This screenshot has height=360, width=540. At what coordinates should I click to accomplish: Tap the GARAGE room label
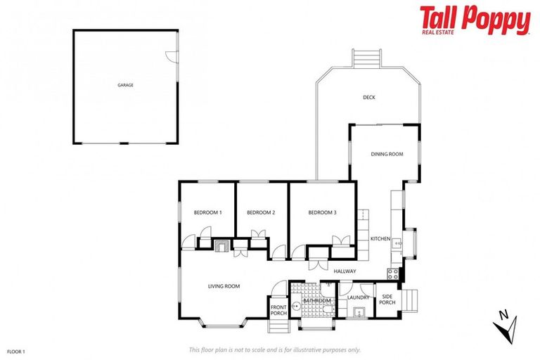125,85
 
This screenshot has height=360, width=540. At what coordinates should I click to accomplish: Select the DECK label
368,97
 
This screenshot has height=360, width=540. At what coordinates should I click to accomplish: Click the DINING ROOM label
387,154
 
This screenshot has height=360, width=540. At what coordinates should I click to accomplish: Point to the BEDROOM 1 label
207,212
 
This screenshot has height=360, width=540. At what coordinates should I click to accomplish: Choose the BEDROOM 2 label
260,212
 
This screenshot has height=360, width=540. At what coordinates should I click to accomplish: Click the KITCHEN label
380,239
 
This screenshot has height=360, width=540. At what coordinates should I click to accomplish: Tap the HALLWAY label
345,271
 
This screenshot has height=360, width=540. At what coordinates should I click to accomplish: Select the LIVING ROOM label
224,286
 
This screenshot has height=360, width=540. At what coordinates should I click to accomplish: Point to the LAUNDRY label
358,297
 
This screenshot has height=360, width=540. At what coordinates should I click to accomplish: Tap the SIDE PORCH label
387,300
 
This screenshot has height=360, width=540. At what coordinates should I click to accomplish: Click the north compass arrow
506,325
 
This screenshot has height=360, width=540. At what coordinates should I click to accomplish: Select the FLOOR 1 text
15,350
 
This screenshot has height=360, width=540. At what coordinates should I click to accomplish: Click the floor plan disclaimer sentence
274,349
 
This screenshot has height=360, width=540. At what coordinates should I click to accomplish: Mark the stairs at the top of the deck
366,57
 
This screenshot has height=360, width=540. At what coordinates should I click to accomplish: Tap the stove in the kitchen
392,272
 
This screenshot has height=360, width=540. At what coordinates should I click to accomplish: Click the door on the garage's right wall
173,58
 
